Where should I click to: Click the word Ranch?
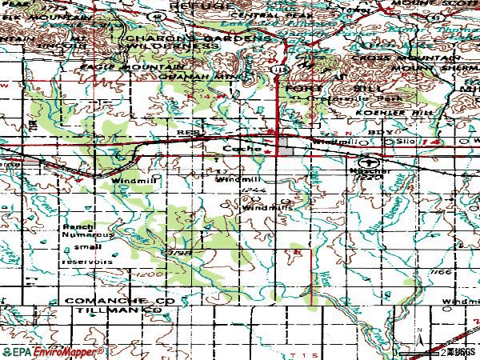pos(74,227)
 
